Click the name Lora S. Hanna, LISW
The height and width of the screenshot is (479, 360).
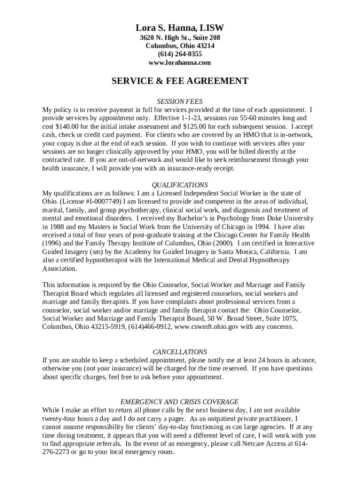click(x=180, y=28)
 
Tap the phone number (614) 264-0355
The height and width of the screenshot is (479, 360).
click(x=180, y=54)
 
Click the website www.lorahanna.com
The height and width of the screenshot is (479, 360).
click(x=180, y=63)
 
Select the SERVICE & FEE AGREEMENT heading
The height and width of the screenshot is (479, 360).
click(x=180, y=81)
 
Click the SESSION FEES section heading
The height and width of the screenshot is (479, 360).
click(x=180, y=101)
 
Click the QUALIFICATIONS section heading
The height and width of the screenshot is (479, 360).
click(x=180, y=185)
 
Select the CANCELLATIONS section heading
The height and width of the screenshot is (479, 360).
click(x=180, y=352)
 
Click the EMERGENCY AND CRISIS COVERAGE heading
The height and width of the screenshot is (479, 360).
click(x=180, y=402)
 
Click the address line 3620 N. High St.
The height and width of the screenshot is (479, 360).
click(x=164, y=37)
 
